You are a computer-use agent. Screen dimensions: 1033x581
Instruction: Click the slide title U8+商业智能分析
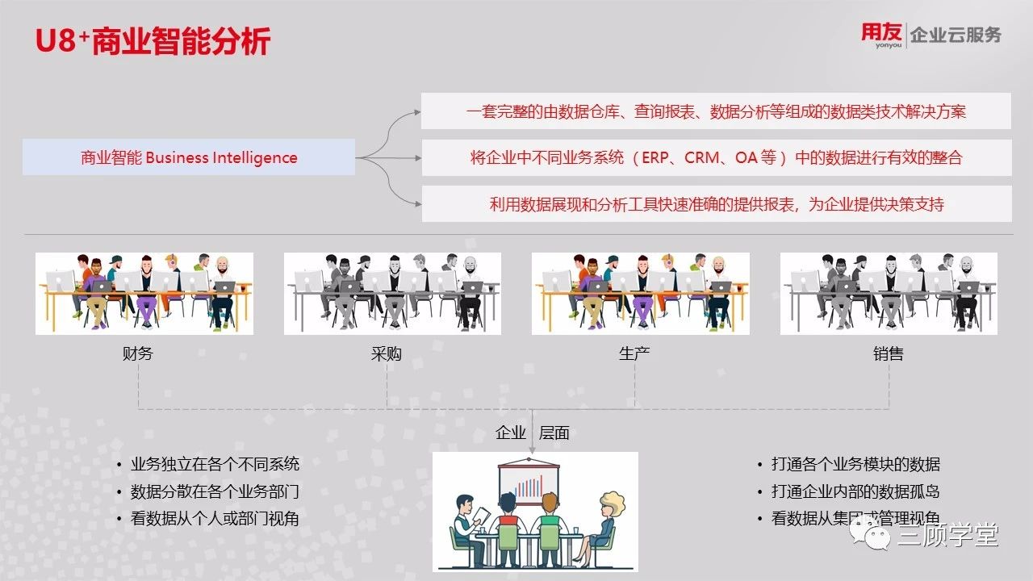coord(153,41)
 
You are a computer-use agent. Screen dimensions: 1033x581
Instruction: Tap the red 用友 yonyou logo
coord(881,35)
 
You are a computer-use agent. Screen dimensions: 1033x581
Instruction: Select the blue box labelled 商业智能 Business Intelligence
coord(189,157)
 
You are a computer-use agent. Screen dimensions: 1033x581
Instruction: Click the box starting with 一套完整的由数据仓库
coord(716,111)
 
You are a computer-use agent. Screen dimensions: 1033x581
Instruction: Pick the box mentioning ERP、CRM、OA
coord(717,157)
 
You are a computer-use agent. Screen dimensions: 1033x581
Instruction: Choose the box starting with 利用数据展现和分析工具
coord(717,204)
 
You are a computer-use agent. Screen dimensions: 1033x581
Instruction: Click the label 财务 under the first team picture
coord(137,353)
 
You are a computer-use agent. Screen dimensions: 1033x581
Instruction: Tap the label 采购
coord(386,353)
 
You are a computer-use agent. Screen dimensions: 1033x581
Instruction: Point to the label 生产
coord(634,353)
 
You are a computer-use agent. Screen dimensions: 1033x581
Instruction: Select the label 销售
coord(889,353)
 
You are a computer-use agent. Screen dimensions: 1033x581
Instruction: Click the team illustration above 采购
coord(392,293)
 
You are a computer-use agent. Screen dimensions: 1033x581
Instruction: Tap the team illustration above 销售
coord(889,293)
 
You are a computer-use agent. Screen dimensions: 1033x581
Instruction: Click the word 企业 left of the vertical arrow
coord(511,433)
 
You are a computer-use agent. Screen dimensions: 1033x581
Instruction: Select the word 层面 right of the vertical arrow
coord(554,433)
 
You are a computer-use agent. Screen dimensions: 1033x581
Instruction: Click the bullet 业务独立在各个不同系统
coord(215,464)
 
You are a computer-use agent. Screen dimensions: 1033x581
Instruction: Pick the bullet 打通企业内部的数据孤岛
coord(855,491)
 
